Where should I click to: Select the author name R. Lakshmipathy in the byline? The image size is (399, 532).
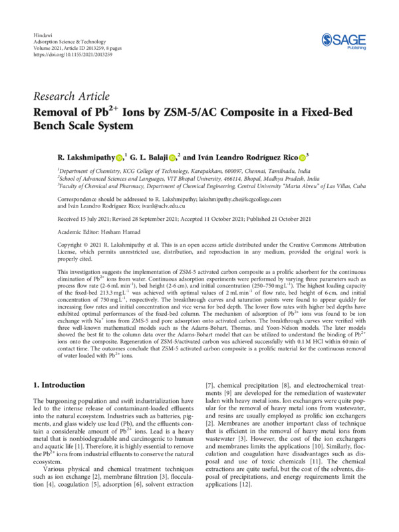point(86,157)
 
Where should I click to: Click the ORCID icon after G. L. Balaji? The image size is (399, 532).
point(172,158)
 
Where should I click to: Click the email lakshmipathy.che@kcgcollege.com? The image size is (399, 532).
point(263,198)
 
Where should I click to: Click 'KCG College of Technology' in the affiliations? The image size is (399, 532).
point(147,170)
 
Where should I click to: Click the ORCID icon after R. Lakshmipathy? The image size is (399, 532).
point(119,158)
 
